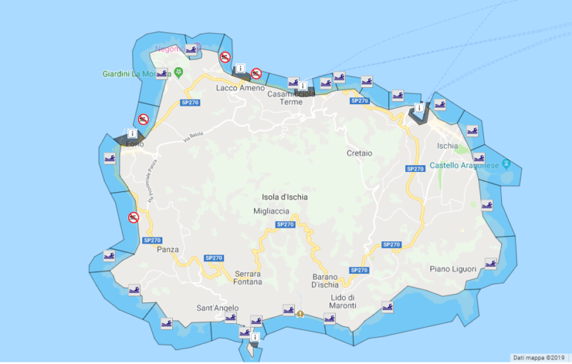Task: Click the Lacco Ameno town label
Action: [x=240, y=88]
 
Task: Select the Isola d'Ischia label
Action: [x=285, y=197]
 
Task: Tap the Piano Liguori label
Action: [x=451, y=268]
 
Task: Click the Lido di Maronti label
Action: [x=343, y=302]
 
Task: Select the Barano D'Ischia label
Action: [x=325, y=281]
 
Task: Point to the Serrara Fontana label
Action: [x=248, y=278]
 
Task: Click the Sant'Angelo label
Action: [x=217, y=308]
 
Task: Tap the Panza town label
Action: [x=168, y=249]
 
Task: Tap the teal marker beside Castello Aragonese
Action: [x=506, y=164]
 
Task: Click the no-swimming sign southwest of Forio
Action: [x=133, y=217]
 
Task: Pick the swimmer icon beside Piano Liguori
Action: [x=490, y=263]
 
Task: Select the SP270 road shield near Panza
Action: [x=152, y=240]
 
